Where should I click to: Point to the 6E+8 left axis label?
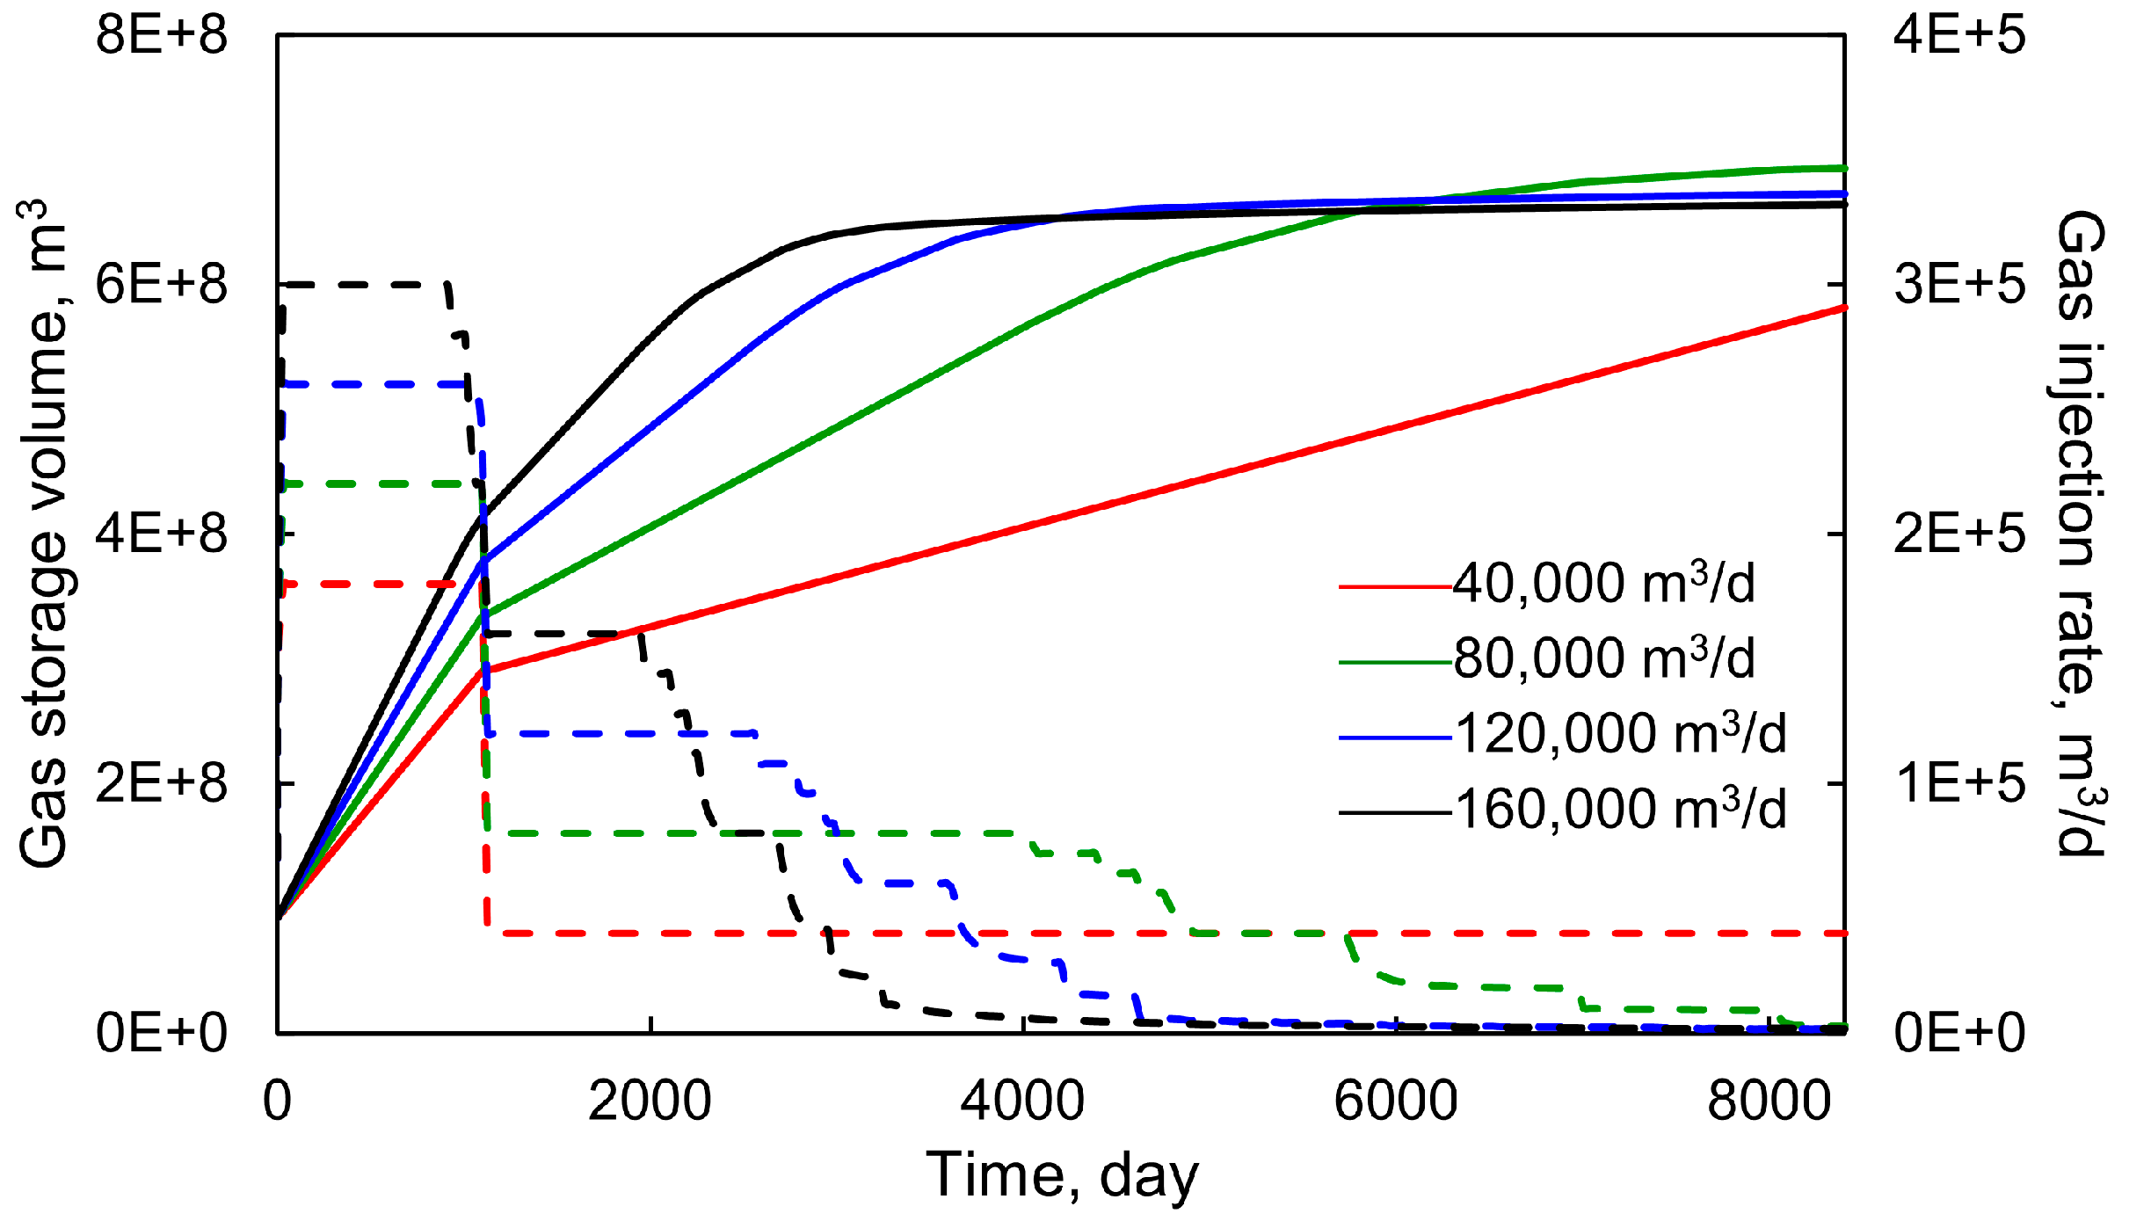point(162,285)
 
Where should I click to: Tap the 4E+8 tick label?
point(162,534)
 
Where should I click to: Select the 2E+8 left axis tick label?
point(162,782)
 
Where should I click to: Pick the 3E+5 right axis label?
point(1959,285)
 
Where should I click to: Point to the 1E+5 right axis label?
point(1959,782)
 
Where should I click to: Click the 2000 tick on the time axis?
point(650,1101)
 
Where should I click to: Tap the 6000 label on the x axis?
point(1396,1101)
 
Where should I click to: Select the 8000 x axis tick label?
point(1769,1101)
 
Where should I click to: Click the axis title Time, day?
point(1062,1175)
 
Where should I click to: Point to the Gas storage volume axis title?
point(44,534)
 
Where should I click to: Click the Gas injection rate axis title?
point(2082,534)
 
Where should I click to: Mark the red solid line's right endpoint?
point(1844,308)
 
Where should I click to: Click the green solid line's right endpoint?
point(1844,168)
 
